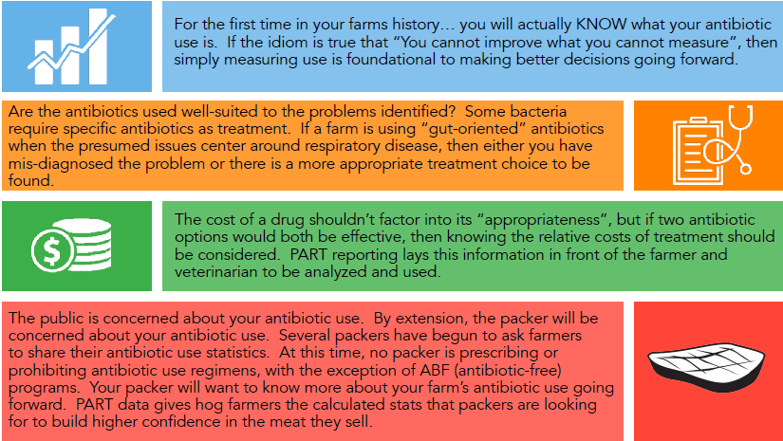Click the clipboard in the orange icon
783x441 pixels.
(697, 151)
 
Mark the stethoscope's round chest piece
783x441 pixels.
(745, 169)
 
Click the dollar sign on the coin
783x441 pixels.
(52, 249)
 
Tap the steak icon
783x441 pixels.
(706, 365)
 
